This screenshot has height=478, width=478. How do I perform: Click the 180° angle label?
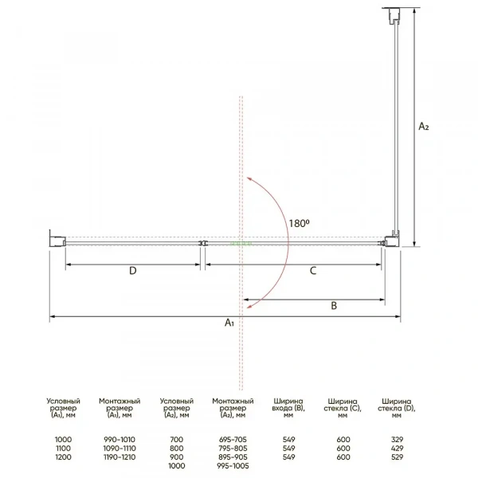[300, 223]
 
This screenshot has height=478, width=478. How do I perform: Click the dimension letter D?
[132, 270]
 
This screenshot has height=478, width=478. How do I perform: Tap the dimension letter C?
[313, 270]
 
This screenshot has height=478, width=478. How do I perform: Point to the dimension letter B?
[334, 305]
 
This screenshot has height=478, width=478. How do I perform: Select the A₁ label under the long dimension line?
[229, 322]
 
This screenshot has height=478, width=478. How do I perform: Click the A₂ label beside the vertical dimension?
[424, 126]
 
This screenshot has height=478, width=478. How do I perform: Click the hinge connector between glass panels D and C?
[202, 243]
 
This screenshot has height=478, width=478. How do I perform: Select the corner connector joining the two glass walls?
[391, 240]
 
